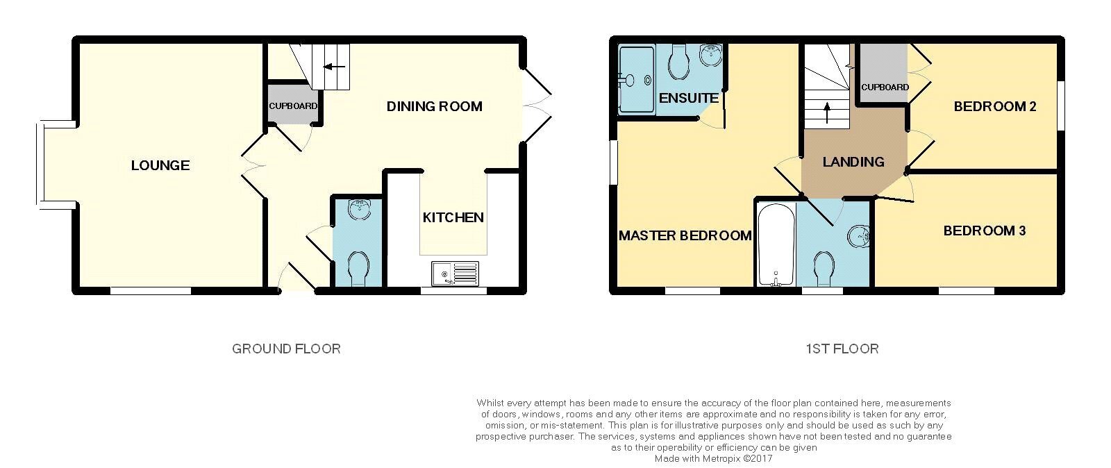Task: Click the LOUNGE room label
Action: [x=160, y=165]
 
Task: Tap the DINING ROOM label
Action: [x=435, y=106]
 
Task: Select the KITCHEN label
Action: [x=453, y=217]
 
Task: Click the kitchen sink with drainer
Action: [x=455, y=274]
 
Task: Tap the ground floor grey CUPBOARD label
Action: [x=293, y=106]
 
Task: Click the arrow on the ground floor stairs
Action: [x=334, y=67]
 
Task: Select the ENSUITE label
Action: [x=688, y=98]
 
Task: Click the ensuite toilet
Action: [x=678, y=62]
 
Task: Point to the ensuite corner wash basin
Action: [x=711, y=54]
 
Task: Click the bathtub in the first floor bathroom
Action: [x=777, y=244]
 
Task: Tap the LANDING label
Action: [x=853, y=162]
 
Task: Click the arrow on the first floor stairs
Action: [x=827, y=112]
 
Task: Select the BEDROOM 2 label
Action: [x=995, y=106]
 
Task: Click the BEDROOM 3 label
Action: [x=985, y=231]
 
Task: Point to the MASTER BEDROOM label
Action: [x=685, y=235]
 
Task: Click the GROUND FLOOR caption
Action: [x=286, y=349]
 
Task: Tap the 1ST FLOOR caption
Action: [x=842, y=349]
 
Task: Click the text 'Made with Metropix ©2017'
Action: [x=713, y=458]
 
